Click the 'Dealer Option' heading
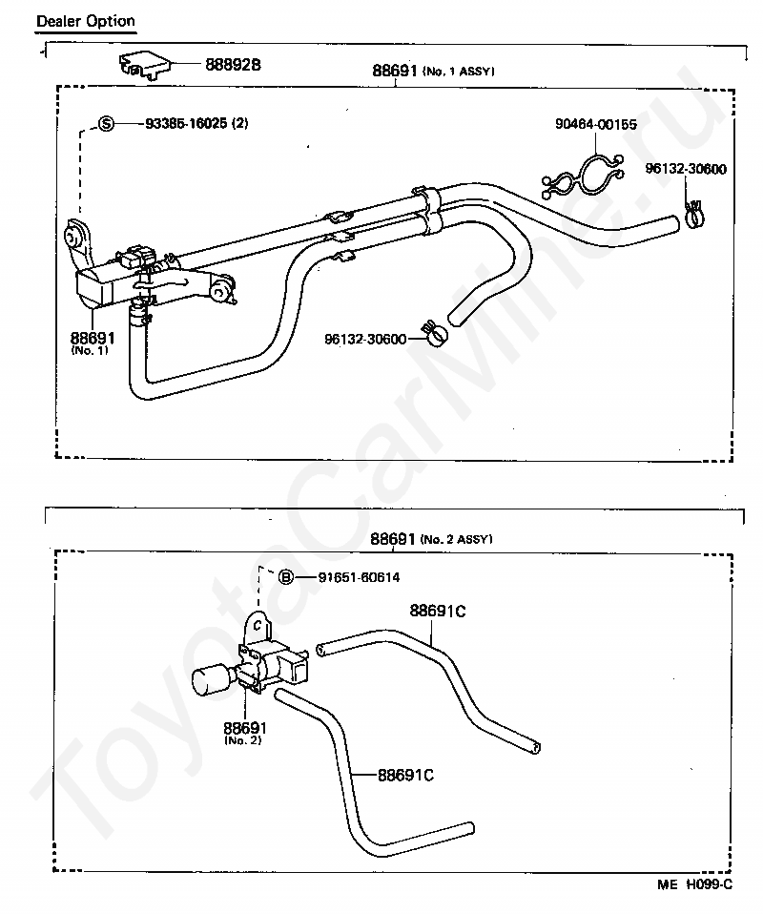coord(85,20)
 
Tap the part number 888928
coord(233,64)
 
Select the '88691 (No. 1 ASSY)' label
coord(433,71)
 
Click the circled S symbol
coord(107,123)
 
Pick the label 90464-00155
coord(596,124)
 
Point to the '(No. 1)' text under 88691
coord(91,350)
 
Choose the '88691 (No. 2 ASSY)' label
coord(431,539)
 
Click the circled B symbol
coord(285,577)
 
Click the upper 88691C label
coord(438,611)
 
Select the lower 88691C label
coord(405,774)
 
